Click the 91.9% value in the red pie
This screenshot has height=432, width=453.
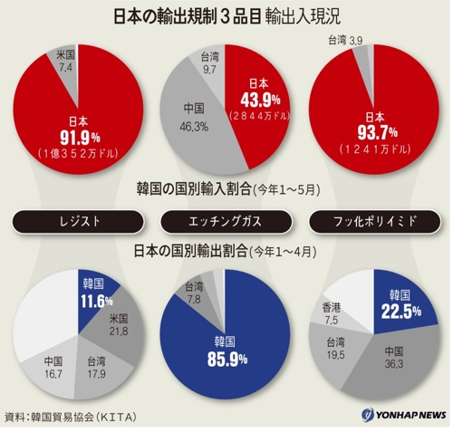click(x=80, y=139)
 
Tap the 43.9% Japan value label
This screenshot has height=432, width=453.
click(x=260, y=101)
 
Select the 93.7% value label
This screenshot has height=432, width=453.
click(x=377, y=133)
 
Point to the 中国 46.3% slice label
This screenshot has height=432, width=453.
click(x=194, y=118)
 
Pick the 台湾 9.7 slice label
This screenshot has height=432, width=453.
click(x=209, y=63)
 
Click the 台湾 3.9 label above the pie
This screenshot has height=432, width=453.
click(x=346, y=40)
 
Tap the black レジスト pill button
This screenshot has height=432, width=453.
click(x=78, y=222)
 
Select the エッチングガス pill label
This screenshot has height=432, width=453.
click(x=226, y=222)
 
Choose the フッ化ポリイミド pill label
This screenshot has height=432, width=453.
click(x=374, y=222)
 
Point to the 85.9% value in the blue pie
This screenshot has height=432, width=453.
click(x=227, y=360)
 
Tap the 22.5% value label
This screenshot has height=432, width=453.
click(x=400, y=312)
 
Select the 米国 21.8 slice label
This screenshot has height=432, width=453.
click(x=119, y=325)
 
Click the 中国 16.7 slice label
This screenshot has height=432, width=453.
click(x=53, y=368)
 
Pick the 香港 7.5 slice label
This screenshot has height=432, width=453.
click(x=332, y=314)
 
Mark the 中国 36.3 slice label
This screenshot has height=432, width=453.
click(x=394, y=358)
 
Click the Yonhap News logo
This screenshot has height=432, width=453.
click(x=404, y=415)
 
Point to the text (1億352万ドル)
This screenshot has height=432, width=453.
click(x=78, y=154)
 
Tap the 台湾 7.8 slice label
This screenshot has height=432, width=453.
click(x=194, y=293)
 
